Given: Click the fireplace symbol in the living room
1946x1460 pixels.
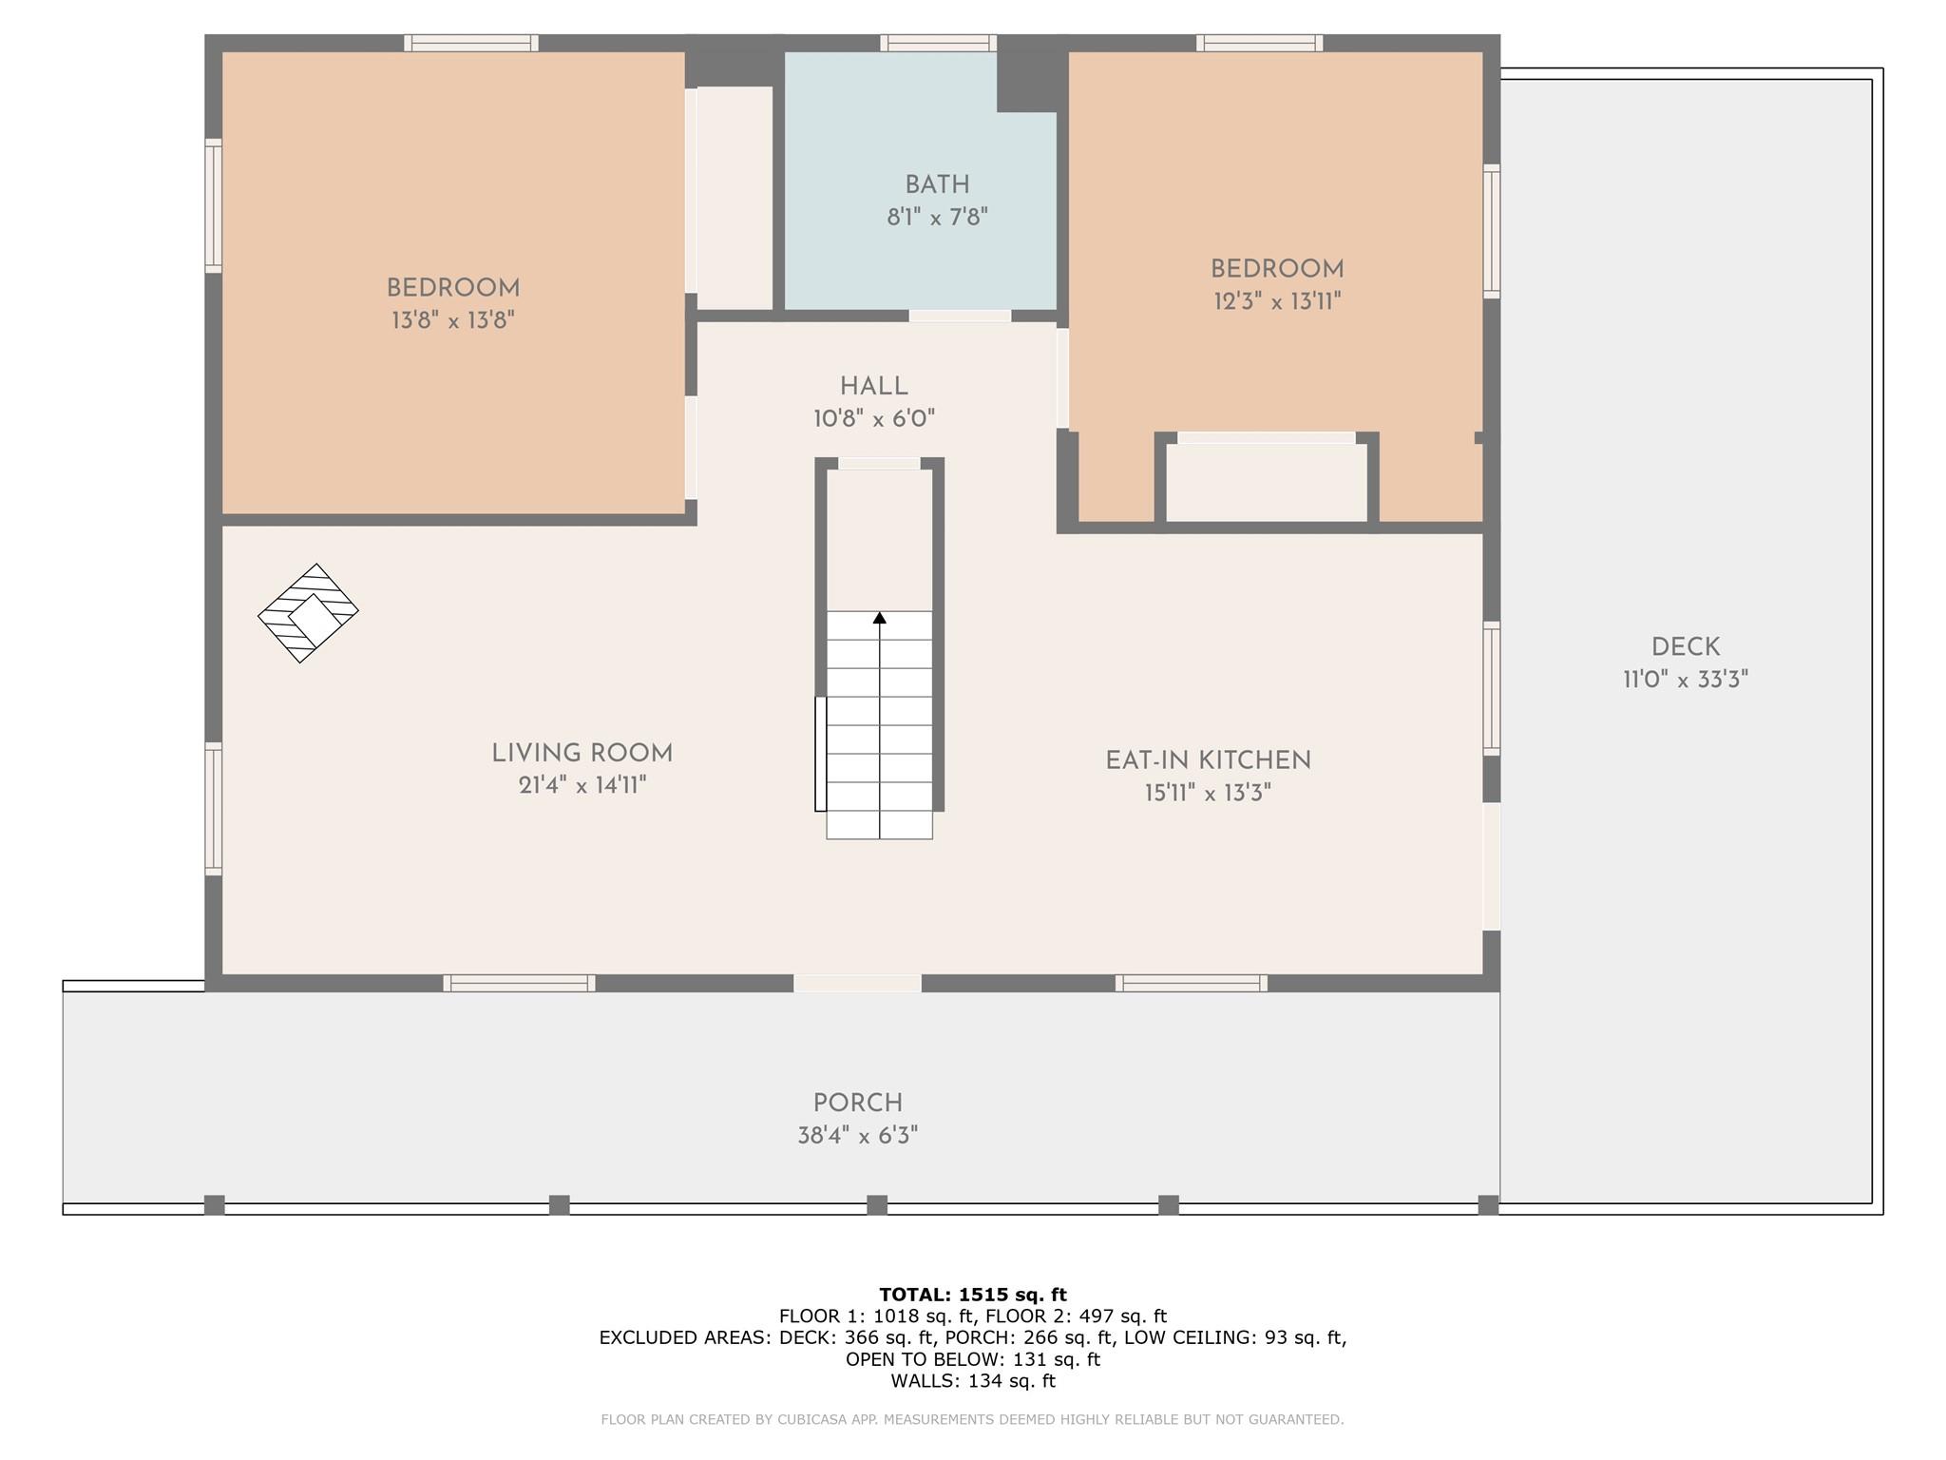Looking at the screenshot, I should (308, 613).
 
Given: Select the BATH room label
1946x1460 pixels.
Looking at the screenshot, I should (937, 185).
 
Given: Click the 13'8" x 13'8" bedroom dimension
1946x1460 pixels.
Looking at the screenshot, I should (453, 320).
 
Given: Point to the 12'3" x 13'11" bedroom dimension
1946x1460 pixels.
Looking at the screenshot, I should (1277, 302).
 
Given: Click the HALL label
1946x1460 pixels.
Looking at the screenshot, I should (873, 387).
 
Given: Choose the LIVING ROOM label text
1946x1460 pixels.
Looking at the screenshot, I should (582, 754).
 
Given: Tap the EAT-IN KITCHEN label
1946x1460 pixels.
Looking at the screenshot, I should (1208, 760).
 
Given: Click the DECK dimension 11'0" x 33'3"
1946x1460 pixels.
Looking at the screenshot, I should (1685, 681).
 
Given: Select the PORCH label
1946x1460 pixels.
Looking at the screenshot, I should (857, 1104).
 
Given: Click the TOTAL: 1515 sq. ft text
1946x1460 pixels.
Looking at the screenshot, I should (973, 1295).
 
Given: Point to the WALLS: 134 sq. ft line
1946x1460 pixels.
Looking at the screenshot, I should (973, 1381).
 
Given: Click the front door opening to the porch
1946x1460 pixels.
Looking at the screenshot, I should (857, 984).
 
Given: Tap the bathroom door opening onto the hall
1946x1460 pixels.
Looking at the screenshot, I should (960, 316).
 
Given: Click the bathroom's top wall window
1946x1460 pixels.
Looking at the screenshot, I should (938, 43).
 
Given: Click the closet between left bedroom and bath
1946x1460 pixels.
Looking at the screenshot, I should (735, 198).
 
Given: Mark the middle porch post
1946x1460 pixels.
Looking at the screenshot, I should (877, 1205).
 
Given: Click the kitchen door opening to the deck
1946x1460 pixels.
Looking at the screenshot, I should (1492, 866).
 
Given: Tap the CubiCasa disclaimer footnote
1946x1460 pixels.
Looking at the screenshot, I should (972, 1420).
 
